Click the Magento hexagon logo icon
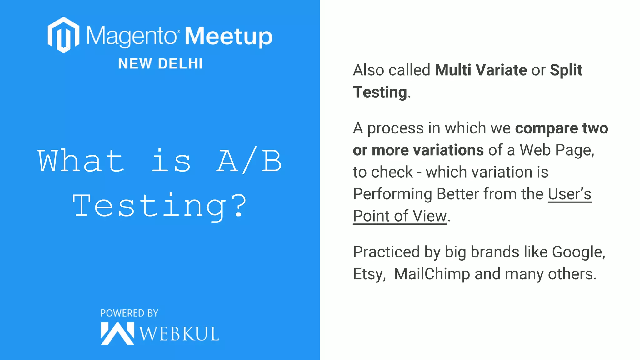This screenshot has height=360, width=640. click(63, 35)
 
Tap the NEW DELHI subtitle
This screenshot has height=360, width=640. click(161, 64)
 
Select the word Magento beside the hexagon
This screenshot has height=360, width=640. click(131, 36)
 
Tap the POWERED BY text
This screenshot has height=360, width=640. click(129, 313)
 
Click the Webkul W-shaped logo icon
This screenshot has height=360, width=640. click(117, 333)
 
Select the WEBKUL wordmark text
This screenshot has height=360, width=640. click(179, 334)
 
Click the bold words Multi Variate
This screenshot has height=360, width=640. click(481, 70)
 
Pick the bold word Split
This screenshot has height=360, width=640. click(566, 70)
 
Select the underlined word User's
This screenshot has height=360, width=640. click(569, 194)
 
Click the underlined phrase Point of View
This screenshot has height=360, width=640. click(400, 216)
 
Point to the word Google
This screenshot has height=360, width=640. click(578, 252)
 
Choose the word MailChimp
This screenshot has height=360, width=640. click(432, 274)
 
